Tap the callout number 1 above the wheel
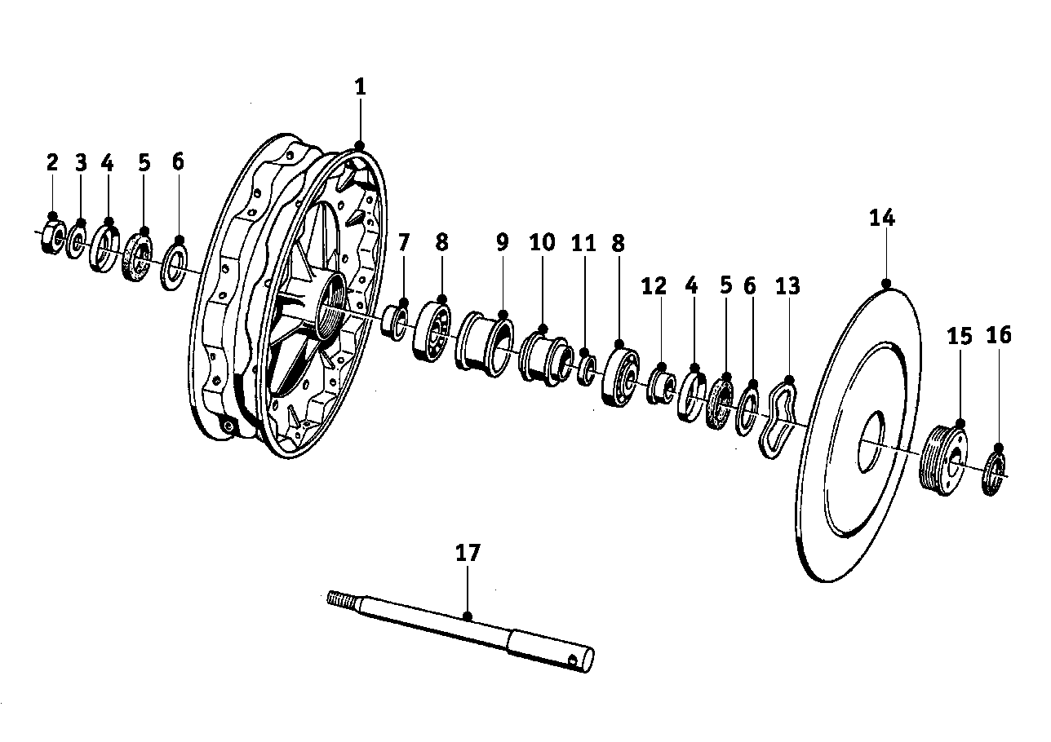tap(360, 87)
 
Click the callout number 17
tap(468, 553)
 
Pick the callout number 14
tap(881, 218)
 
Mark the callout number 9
tap(502, 242)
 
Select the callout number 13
tap(788, 286)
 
